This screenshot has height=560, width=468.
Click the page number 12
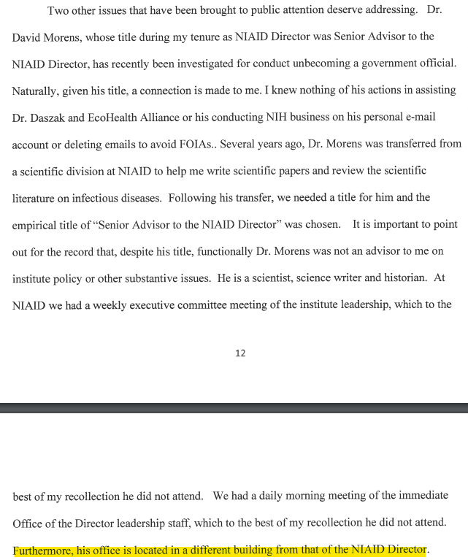click(x=240, y=353)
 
